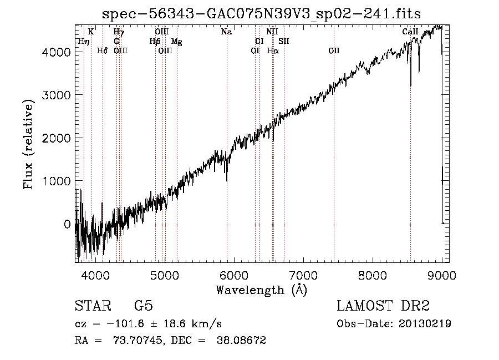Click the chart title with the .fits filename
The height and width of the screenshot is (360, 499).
261,13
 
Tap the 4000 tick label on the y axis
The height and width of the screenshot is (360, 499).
57,52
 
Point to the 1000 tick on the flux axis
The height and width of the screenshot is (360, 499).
57,181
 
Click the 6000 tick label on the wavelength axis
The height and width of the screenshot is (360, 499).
234,275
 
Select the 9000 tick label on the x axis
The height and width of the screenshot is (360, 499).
442,275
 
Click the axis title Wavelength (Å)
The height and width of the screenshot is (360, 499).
262,290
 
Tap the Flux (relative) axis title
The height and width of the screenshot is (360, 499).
28,145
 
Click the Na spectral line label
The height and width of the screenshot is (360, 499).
227,32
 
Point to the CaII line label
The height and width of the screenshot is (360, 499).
410,32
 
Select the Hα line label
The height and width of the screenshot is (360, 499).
273,50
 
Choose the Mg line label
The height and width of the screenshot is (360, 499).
177,42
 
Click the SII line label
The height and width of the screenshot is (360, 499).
284,41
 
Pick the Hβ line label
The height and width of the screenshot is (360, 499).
155,42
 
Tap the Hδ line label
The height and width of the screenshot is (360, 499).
102,50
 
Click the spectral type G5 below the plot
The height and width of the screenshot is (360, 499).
144,306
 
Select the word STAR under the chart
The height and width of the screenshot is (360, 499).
93,306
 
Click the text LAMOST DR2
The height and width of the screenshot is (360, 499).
383,306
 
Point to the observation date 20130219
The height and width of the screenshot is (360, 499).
425,324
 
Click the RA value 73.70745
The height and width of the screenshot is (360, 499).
139,340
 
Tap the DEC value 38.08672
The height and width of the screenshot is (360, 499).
241,340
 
